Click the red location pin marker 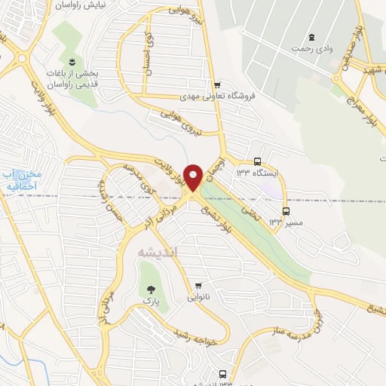pyautogui.click(x=194, y=177)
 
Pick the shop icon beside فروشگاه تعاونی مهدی pyautogui.click(x=217, y=85)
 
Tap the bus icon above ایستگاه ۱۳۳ pyautogui.click(x=257, y=161)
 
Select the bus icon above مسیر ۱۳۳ pyautogui.click(x=285, y=211)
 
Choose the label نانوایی pyautogui.click(x=198, y=296)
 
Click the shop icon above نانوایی pyautogui.click(x=198, y=285)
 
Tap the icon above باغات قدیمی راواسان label pyautogui.click(x=70, y=60)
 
